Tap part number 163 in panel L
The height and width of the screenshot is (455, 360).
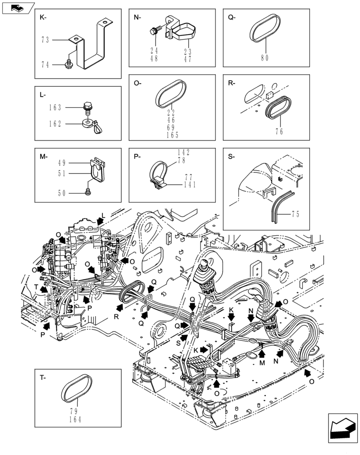(x=56, y=108)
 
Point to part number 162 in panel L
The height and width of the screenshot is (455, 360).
(x=56, y=123)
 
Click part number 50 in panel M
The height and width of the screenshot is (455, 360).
(x=62, y=193)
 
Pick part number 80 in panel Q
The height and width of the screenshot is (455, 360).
(x=265, y=58)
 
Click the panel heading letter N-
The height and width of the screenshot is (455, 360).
(x=137, y=18)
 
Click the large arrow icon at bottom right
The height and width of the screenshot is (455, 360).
(x=341, y=428)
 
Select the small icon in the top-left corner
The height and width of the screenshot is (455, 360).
(x=18, y=7)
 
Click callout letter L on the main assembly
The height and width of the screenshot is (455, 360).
(x=103, y=215)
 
